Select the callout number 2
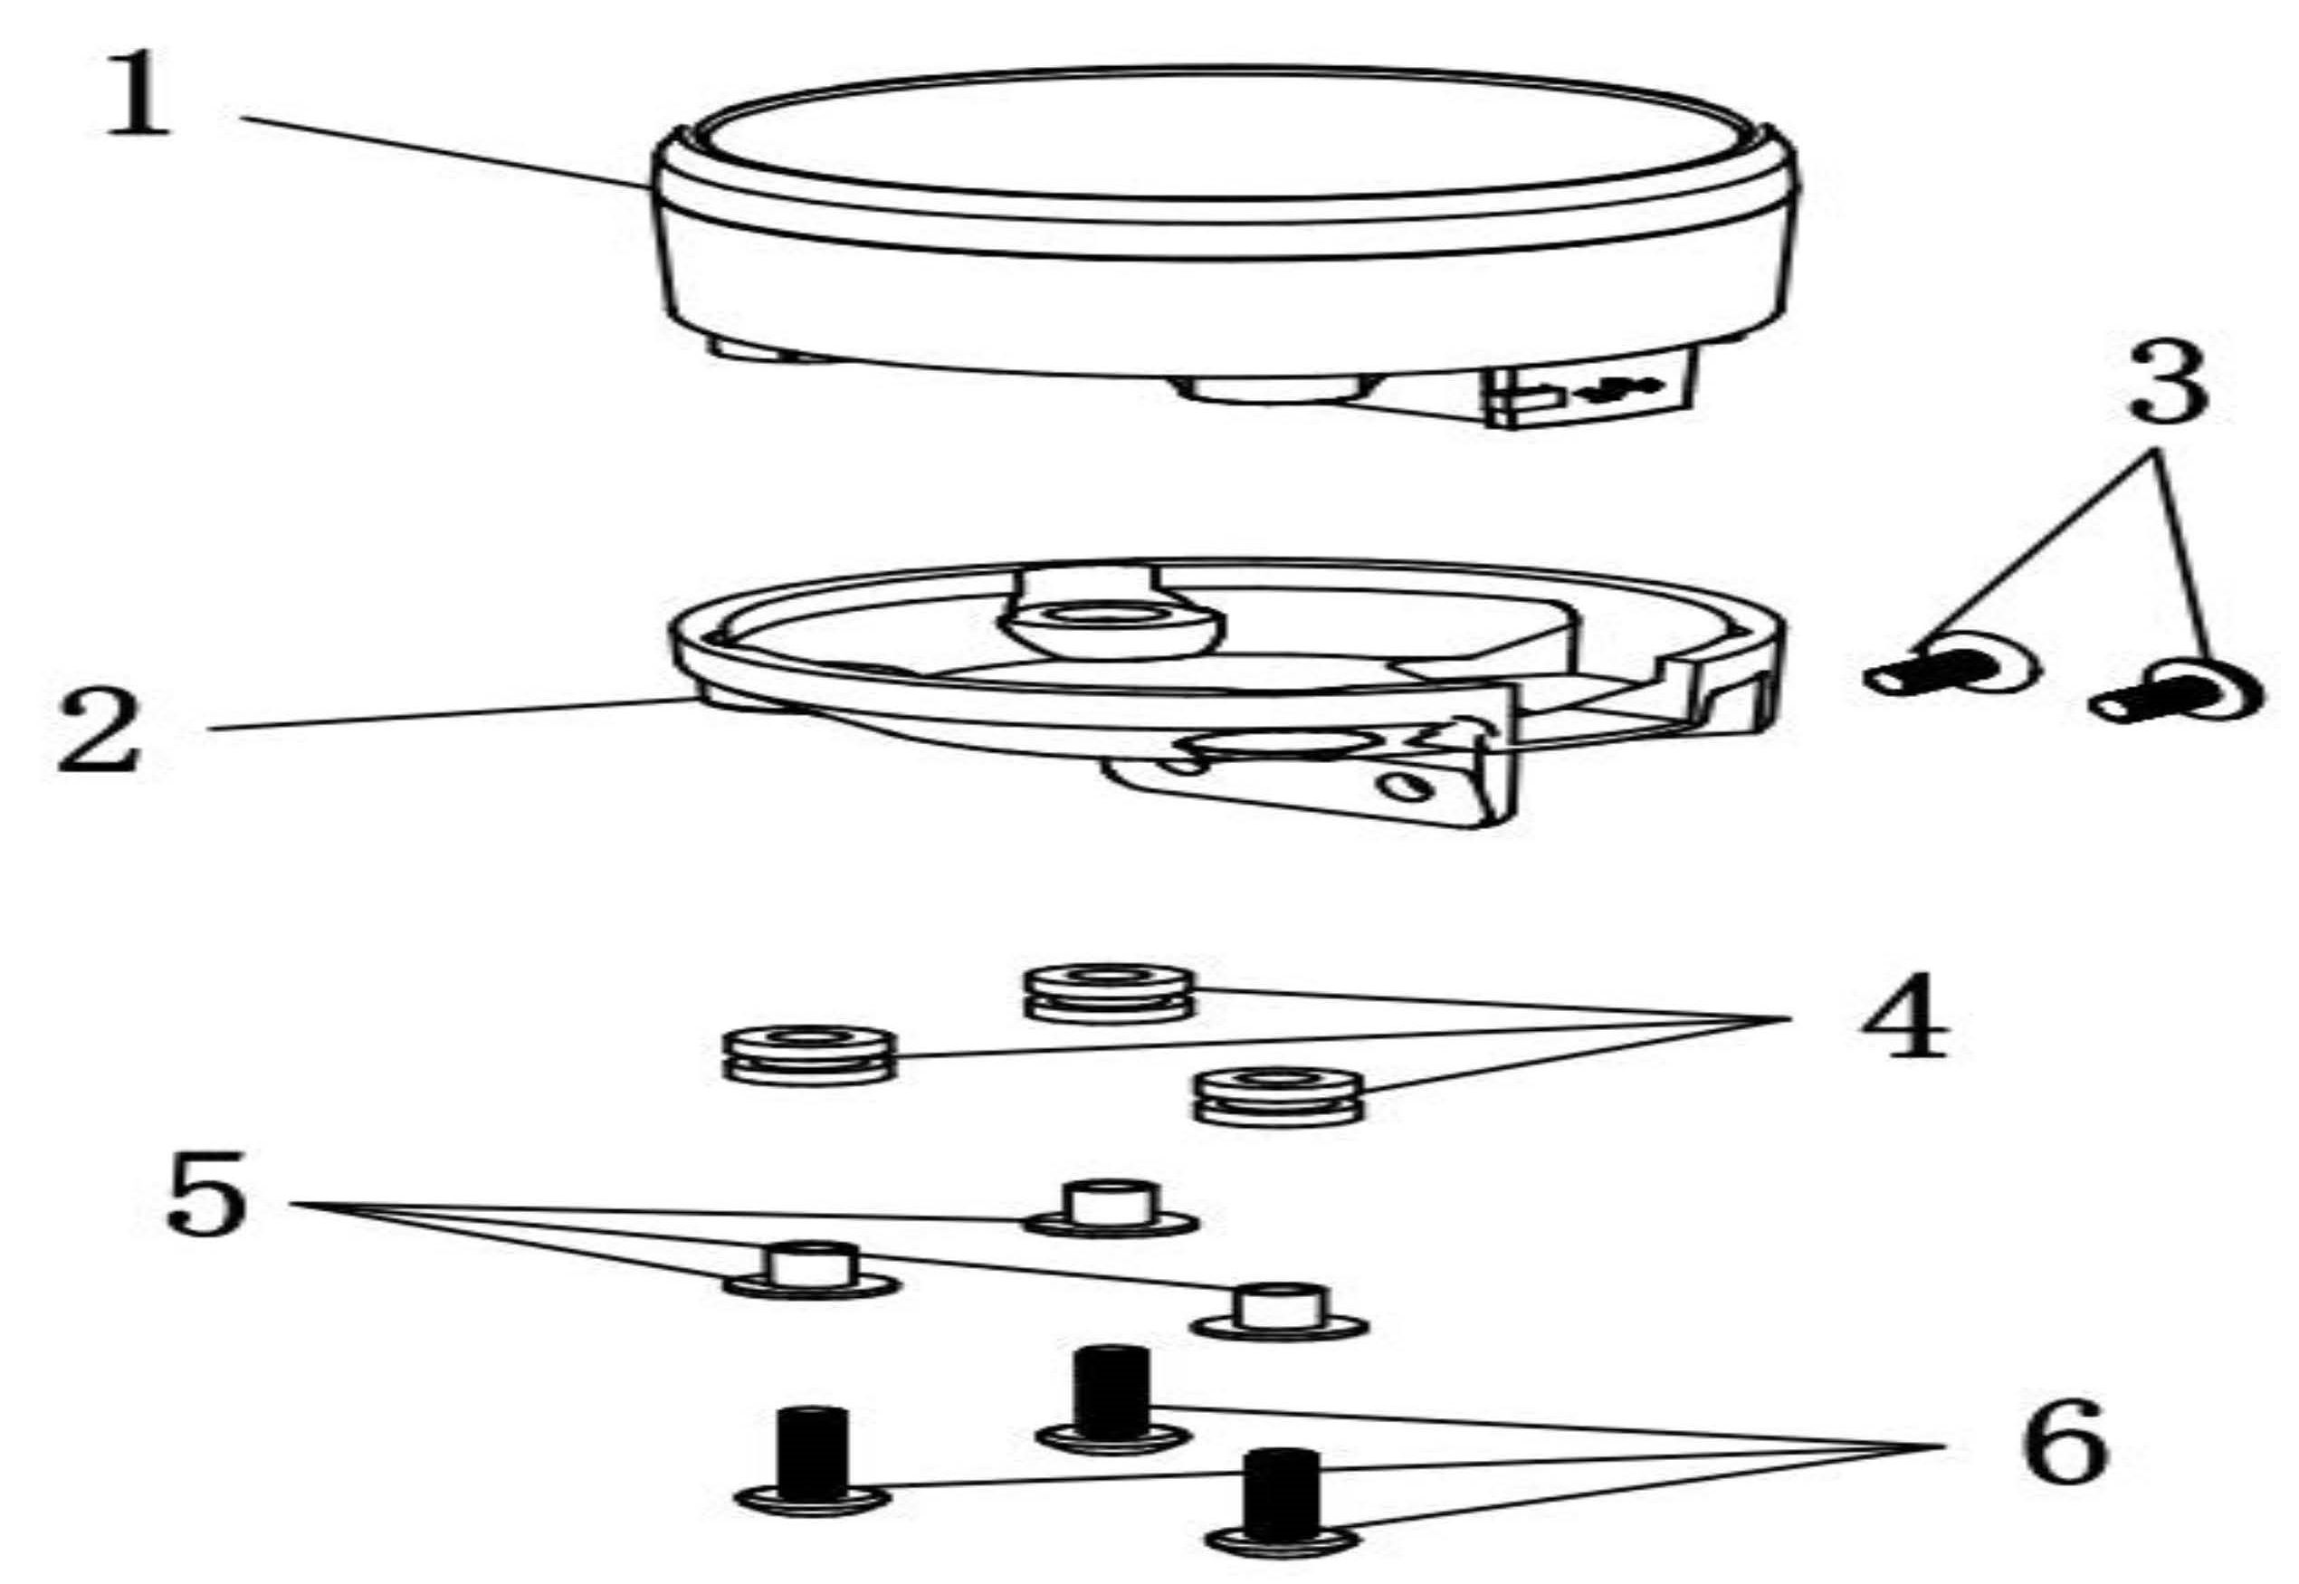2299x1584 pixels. [100, 730]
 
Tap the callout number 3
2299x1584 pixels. [2168, 381]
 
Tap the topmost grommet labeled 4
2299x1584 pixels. [1109, 992]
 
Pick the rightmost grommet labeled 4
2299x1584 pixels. [1279, 1098]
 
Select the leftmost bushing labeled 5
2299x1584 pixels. [811, 1271]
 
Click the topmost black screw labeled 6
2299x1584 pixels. [1111, 1398]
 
